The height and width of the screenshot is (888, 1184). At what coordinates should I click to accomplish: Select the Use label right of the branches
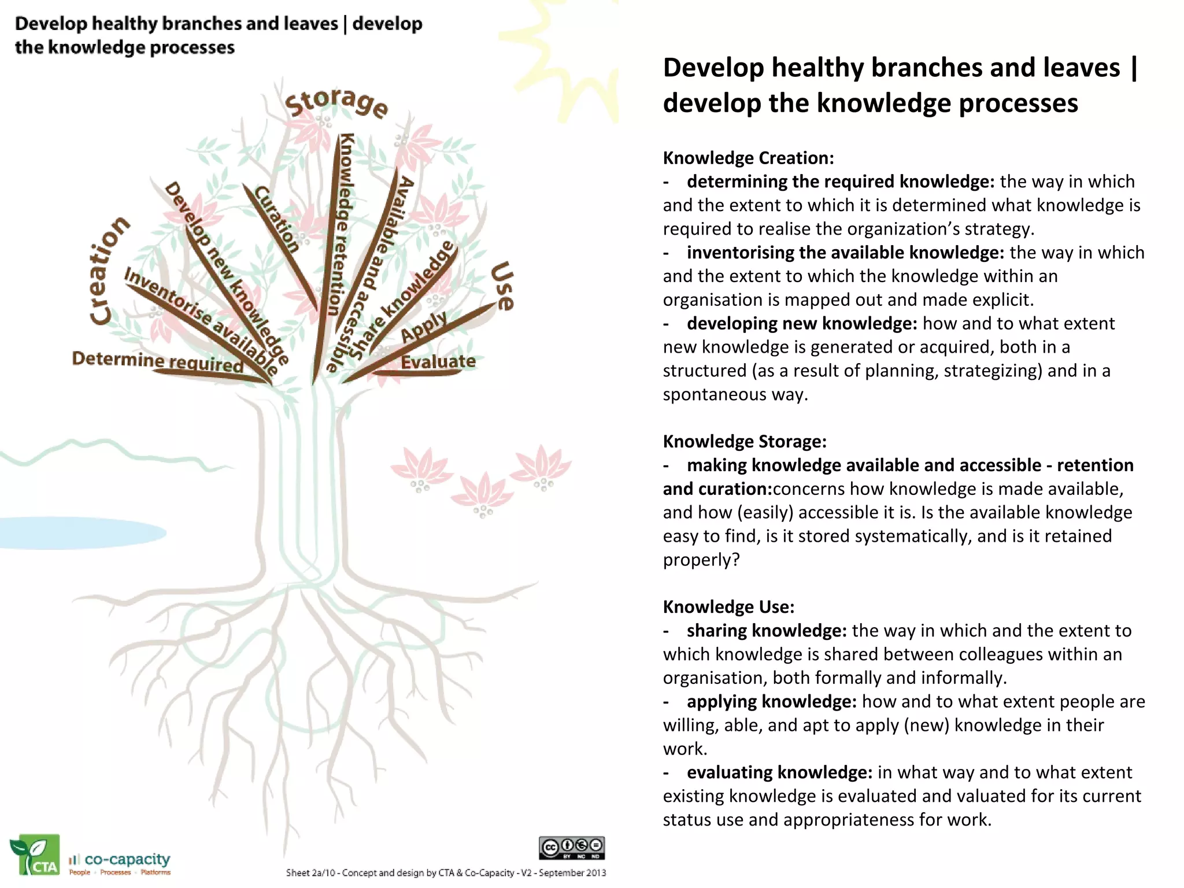point(502,286)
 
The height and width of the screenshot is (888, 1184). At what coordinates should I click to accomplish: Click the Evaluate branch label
point(438,362)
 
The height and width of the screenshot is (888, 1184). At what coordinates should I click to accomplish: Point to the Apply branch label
point(424,327)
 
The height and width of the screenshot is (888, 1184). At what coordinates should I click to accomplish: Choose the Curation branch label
point(278,219)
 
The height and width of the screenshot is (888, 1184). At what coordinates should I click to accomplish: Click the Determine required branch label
point(157,361)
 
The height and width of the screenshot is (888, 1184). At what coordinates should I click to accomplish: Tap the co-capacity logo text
point(127,860)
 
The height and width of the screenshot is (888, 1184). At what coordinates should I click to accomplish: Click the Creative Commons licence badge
point(572,848)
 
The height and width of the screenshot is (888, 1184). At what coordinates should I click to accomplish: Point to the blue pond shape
point(81,532)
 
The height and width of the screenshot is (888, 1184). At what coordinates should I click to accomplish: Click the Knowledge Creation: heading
point(748,158)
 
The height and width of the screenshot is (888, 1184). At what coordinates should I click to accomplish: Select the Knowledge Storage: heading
point(745,442)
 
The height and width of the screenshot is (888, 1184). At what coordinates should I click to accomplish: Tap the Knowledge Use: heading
point(728,607)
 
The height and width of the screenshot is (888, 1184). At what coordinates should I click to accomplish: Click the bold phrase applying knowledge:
point(771,702)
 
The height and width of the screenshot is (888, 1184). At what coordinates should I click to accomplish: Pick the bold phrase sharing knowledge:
point(767,631)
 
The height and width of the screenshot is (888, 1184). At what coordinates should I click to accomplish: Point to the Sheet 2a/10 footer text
point(446,872)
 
